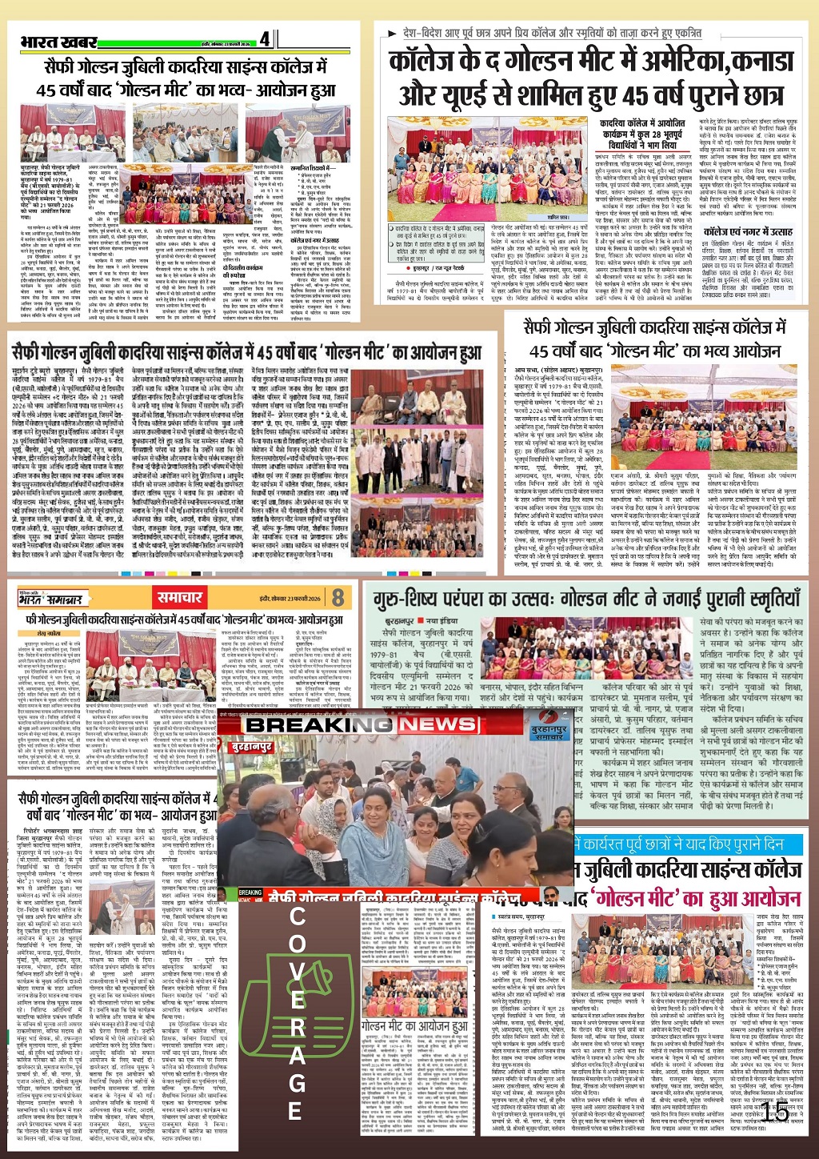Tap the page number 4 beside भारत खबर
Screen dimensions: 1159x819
click(265, 38)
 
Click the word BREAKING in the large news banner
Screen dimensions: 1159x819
click(319, 724)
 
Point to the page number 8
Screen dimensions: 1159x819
click(338, 597)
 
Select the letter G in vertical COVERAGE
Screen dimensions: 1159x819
click(297, 1085)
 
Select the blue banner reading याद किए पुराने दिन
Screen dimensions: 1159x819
click(688, 844)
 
